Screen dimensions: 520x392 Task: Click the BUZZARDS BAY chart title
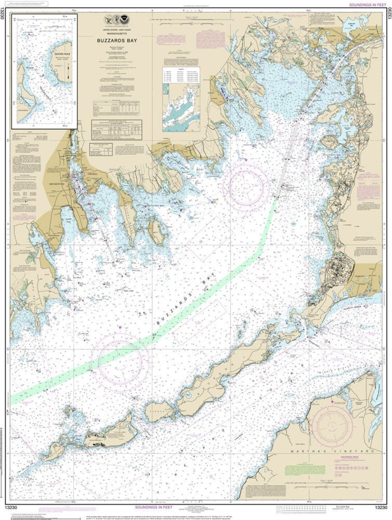click(x=117, y=41)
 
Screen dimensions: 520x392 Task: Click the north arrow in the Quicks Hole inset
click(x=68, y=71)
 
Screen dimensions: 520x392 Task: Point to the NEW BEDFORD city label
click(x=57, y=184)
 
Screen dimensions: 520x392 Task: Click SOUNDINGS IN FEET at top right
click(x=368, y=5)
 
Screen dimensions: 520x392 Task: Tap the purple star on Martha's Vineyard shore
click(x=332, y=401)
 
